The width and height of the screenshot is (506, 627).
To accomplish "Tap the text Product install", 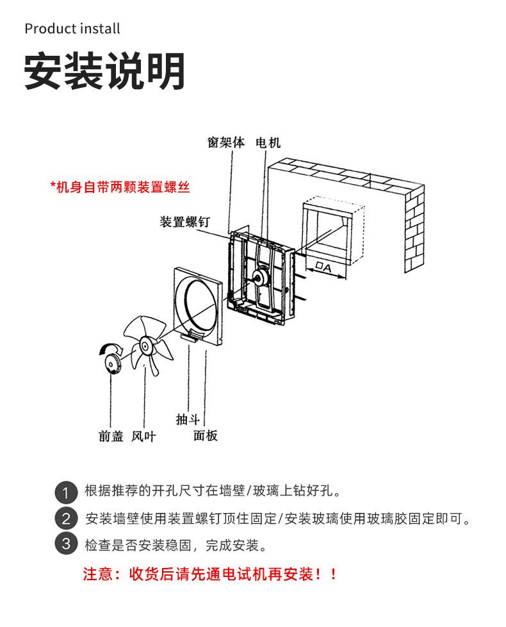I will (x=72, y=29).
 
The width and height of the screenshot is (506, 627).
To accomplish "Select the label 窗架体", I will (x=226, y=142).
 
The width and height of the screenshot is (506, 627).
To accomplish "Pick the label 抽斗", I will (x=188, y=419).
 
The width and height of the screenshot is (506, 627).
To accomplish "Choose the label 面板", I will (x=206, y=436).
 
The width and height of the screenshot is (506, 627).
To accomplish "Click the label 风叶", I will (x=143, y=437).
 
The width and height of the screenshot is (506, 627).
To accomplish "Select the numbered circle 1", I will (x=66, y=492).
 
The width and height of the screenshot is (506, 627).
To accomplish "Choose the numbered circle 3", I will (x=66, y=545).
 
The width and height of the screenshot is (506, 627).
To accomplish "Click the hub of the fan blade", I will (x=145, y=347).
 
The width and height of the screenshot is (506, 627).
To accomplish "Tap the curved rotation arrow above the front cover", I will (x=109, y=348).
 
